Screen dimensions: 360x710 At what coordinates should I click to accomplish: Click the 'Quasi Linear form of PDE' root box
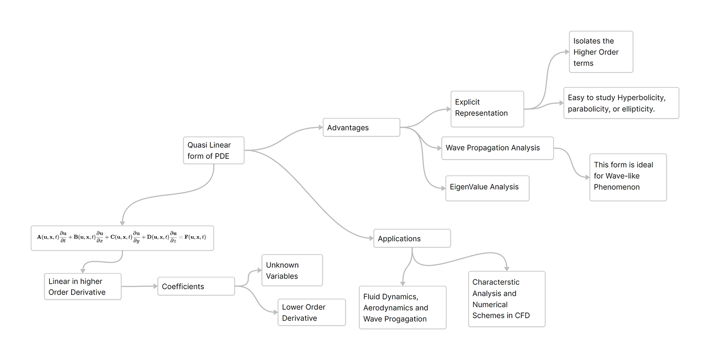click(x=213, y=150)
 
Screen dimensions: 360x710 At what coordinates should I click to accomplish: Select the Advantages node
click(x=361, y=127)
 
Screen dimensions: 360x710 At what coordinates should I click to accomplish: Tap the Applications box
click(x=411, y=238)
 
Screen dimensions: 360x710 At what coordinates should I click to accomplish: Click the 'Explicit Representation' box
click(x=487, y=108)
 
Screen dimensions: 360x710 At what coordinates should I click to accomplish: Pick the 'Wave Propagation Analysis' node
click(x=497, y=148)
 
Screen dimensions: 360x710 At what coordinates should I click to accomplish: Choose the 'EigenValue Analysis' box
click(x=487, y=188)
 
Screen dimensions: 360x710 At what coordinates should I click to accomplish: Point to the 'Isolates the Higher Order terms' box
click(x=601, y=52)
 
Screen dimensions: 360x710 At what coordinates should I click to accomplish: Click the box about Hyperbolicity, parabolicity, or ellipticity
click(x=621, y=103)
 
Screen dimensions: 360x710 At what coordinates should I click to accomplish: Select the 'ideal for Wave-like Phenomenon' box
click(x=627, y=177)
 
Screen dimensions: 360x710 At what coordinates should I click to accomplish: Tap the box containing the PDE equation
click(x=122, y=238)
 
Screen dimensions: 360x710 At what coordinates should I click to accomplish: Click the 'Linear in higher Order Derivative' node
click(x=83, y=286)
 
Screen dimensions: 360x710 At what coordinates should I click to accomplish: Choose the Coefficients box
click(x=196, y=286)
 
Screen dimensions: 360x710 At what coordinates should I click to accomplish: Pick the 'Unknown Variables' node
click(x=292, y=270)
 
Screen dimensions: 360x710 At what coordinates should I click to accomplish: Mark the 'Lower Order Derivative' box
click(x=311, y=312)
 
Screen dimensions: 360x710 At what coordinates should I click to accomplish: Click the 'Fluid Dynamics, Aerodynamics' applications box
click(x=402, y=307)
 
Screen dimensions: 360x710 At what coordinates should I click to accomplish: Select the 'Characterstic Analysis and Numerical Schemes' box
click(x=506, y=299)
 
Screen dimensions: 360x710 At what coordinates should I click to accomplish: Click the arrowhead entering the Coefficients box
click(x=155, y=286)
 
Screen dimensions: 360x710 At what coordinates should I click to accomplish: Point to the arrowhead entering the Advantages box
click(x=320, y=127)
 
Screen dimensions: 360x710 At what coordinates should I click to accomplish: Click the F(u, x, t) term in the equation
click(x=195, y=237)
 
